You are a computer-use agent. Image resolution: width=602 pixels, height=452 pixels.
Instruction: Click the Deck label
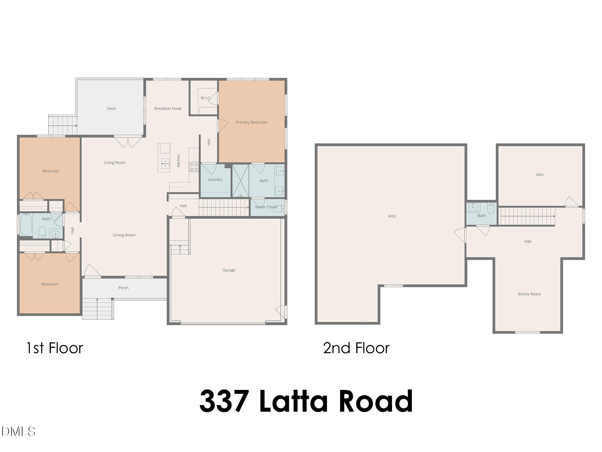click(x=111, y=109)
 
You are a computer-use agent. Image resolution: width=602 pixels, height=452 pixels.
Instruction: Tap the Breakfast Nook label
click(x=168, y=109)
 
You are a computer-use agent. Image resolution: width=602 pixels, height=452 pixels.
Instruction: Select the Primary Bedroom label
click(x=252, y=122)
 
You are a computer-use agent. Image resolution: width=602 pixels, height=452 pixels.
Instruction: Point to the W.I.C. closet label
click(x=205, y=98)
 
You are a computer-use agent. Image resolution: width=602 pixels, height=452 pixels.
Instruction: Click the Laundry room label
click(x=215, y=180)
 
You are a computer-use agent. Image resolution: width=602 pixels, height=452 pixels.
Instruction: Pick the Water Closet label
click(x=266, y=207)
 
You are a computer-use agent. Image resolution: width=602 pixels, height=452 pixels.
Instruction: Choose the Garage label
click(x=229, y=270)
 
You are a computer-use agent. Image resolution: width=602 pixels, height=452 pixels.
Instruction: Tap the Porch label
click(x=123, y=288)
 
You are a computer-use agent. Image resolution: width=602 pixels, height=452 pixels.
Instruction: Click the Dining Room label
click(x=124, y=235)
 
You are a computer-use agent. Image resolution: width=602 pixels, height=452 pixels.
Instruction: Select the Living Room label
click(x=115, y=163)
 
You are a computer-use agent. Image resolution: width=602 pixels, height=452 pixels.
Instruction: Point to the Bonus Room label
click(x=529, y=294)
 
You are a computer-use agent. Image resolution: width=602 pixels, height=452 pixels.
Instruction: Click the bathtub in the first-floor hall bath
click(x=26, y=225)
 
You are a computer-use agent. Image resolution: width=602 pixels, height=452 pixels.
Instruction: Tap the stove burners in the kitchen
click(x=194, y=167)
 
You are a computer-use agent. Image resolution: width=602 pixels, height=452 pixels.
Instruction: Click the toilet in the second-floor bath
click(x=491, y=209)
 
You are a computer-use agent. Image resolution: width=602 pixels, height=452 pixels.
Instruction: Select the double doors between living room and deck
click(x=128, y=142)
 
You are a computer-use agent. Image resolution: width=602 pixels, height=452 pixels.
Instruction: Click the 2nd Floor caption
click(x=356, y=348)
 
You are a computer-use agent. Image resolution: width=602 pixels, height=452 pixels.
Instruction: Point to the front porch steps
click(x=97, y=309)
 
